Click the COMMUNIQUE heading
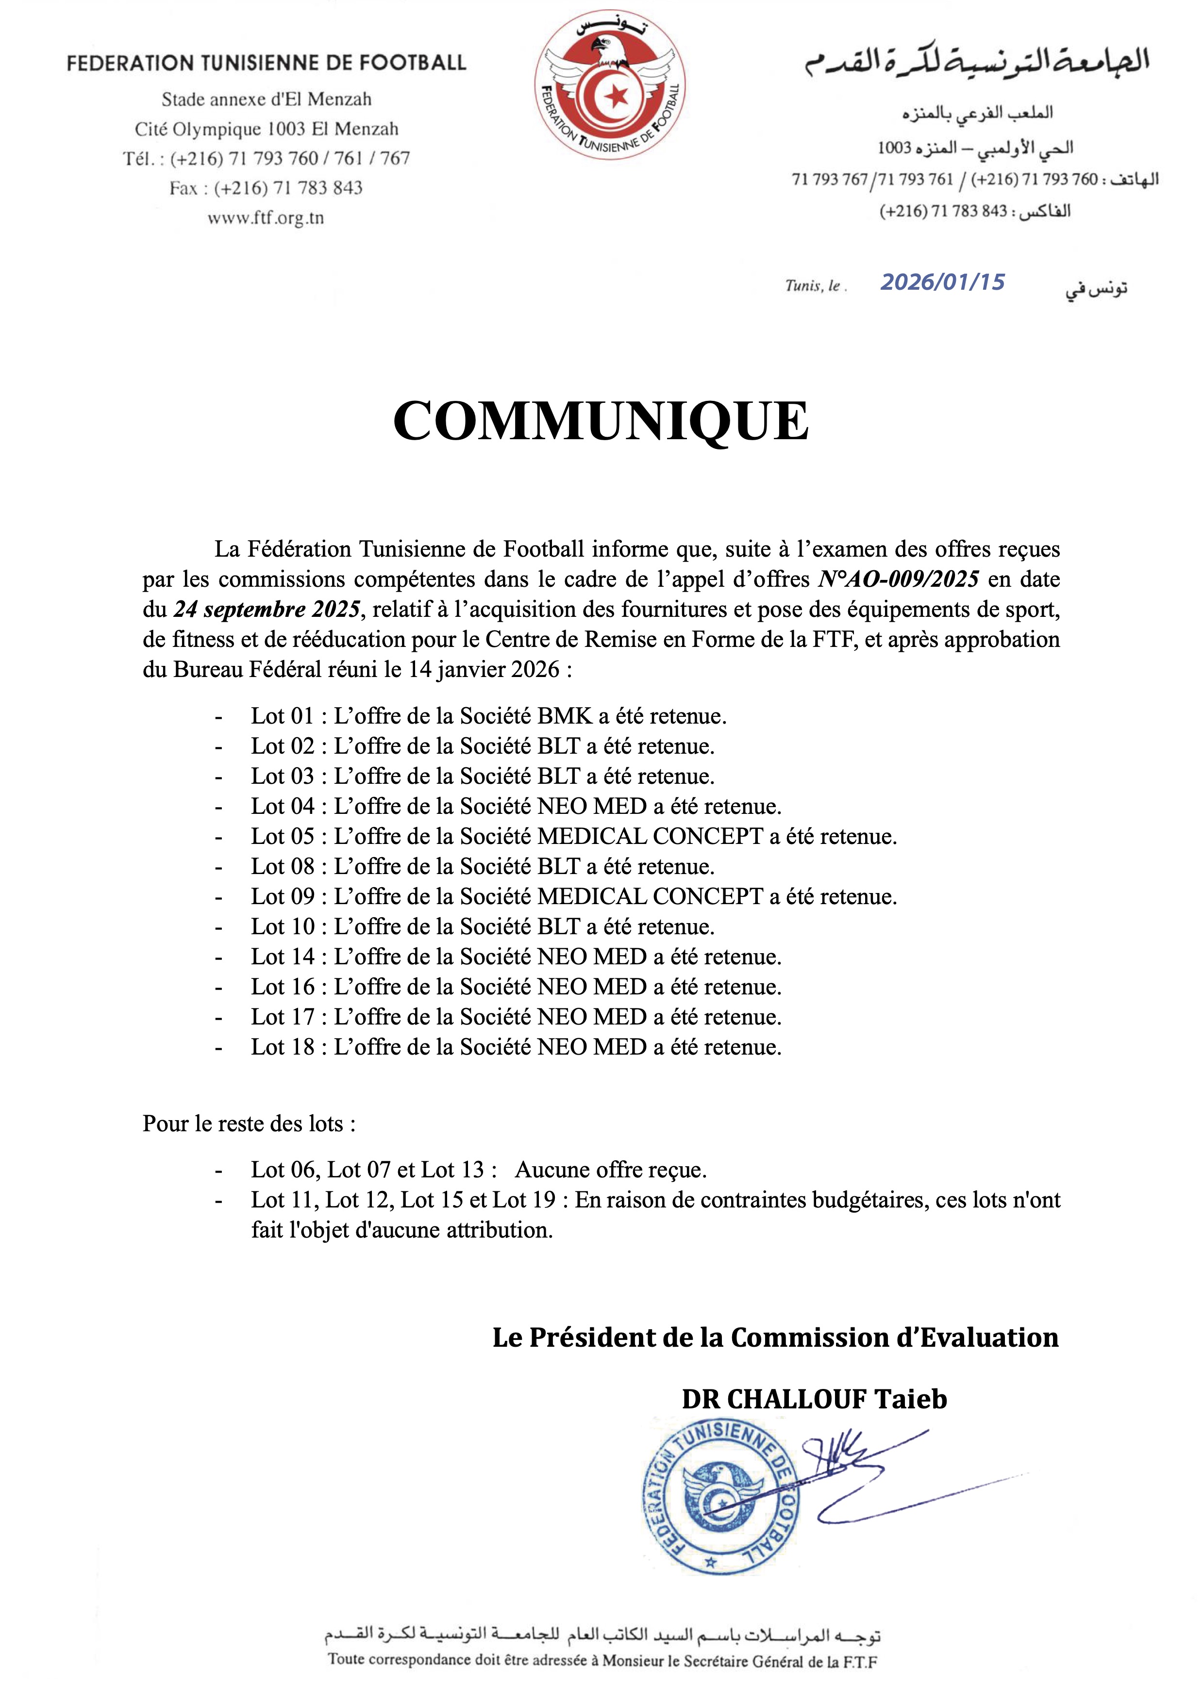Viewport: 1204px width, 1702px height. [601, 421]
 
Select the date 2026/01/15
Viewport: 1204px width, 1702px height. [942, 282]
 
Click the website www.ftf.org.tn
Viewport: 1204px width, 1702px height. [266, 218]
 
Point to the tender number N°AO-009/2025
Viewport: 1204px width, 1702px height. [899, 579]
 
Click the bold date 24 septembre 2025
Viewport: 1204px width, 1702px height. [267, 610]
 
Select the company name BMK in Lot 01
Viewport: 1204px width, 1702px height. [565, 716]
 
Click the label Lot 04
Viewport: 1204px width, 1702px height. [283, 807]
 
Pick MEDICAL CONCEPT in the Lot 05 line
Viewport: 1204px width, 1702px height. [650, 837]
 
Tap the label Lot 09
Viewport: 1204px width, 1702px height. [283, 897]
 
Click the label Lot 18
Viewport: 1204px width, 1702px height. [283, 1047]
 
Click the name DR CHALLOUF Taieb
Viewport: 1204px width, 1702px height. [814, 1399]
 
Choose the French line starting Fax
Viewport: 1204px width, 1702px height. [266, 188]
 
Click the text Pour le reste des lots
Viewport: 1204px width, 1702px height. [249, 1124]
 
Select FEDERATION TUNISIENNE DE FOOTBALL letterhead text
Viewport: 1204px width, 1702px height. [266, 63]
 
